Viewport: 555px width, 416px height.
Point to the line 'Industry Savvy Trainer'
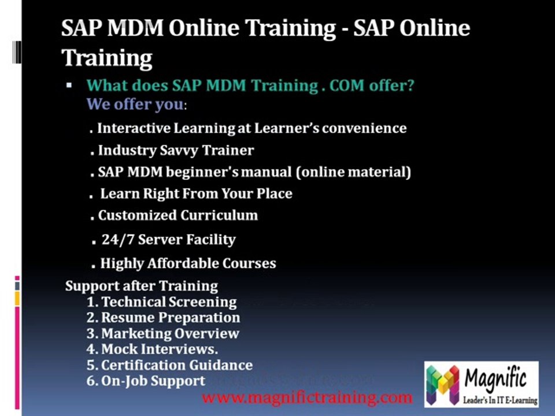[176, 150]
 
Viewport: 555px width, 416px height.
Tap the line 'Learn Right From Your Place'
[196, 194]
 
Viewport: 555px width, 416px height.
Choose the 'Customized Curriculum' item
[177, 216]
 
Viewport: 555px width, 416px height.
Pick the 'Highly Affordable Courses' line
[188, 263]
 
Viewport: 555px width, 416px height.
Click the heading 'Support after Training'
[142, 286]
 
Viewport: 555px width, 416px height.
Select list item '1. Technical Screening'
[162, 302]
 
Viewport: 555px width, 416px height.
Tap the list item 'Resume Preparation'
[170, 317]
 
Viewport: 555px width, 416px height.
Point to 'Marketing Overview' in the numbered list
[170, 333]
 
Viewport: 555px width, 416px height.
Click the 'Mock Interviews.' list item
[160, 349]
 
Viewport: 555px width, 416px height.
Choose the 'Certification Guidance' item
[176, 365]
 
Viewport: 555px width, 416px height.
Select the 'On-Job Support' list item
[153, 381]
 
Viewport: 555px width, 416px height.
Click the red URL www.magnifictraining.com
[307, 398]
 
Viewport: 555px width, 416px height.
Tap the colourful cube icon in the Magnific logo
[443, 384]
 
